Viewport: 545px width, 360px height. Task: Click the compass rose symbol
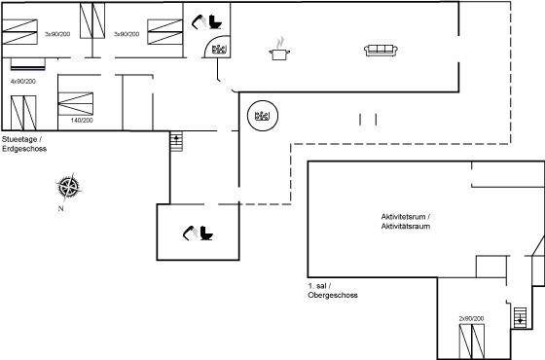pyautogui.click(x=69, y=187)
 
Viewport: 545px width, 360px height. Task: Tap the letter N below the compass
pyautogui.click(x=60, y=209)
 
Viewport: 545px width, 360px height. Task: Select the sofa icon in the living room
pyautogui.click(x=381, y=51)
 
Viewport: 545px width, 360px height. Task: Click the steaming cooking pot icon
pyautogui.click(x=279, y=50)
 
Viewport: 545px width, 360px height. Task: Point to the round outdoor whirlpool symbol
pyautogui.click(x=263, y=116)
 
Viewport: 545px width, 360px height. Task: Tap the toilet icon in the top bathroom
pyautogui.click(x=215, y=21)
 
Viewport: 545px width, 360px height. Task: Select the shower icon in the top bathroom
pyautogui.click(x=200, y=21)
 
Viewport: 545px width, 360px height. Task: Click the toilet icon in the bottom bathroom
pyautogui.click(x=206, y=233)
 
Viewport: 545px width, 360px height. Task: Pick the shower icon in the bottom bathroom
pyautogui.click(x=190, y=233)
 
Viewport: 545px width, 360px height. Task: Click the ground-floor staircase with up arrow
pyautogui.click(x=176, y=141)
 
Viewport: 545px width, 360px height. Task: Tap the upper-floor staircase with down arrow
pyautogui.click(x=520, y=317)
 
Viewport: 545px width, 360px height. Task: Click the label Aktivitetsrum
pyautogui.click(x=403, y=217)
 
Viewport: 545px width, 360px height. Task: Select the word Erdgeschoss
pyautogui.click(x=24, y=149)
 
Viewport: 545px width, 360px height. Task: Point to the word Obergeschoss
pyautogui.click(x=333, y=296)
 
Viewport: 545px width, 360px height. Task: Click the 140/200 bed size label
pyautogui.click(x=82, y=121)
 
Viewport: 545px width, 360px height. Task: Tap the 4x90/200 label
pyautogui.click(x=23, y=82)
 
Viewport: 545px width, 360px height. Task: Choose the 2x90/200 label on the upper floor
pyautogui.click(x=471, y=319)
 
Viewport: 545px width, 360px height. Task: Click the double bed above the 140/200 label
pyautogui.click(x=76, y=104)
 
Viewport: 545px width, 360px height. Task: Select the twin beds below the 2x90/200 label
pyautogui.click(x=472, y=342)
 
